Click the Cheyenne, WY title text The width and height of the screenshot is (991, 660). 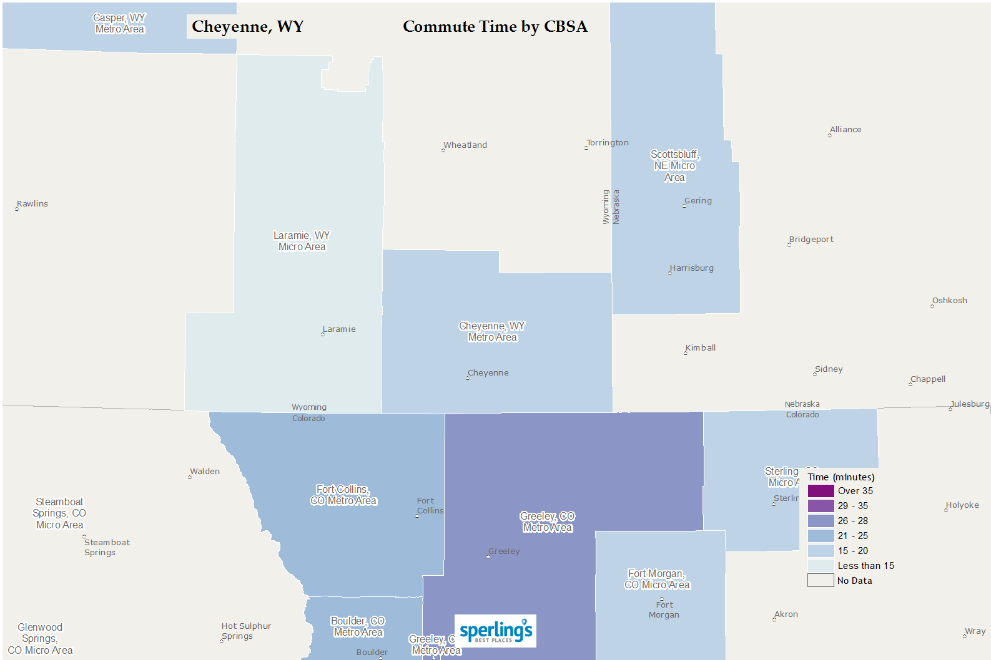tap(247, 27)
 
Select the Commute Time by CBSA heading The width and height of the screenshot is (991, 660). tap(495, 27)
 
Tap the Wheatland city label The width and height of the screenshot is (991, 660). tap(465, 145)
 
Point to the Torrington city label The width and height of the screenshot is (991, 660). tap(607, 143)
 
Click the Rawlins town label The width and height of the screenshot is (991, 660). tap(32, 204)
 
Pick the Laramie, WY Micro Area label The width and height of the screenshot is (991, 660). tap(302, 241)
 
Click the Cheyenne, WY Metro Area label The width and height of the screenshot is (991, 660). tap(492, 332)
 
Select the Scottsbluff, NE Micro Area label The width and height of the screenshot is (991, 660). tap(674, 166)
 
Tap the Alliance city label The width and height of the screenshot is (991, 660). tap(845, 130)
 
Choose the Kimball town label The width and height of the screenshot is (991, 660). tap(700, 348)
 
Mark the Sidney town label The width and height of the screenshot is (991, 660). tap(828, 369)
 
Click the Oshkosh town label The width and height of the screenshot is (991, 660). tap(949, 301)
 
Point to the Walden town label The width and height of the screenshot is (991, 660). tap(205, 472)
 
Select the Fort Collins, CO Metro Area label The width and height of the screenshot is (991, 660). tap(343, 495)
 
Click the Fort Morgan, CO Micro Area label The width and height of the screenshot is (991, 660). tap(657, 580)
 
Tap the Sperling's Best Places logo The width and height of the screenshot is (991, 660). tap(495, 631)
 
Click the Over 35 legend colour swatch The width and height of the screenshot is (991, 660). tap(821, 491)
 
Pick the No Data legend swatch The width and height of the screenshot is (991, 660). tap(821, 581)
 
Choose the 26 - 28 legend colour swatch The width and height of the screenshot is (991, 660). tap(821, 521)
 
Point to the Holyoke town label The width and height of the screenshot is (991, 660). tap(962, 505)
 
